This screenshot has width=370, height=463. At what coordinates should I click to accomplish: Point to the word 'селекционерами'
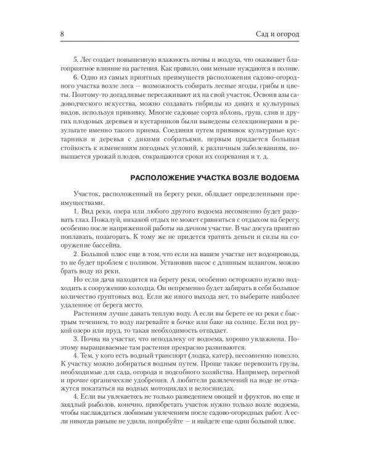point(268,131)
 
